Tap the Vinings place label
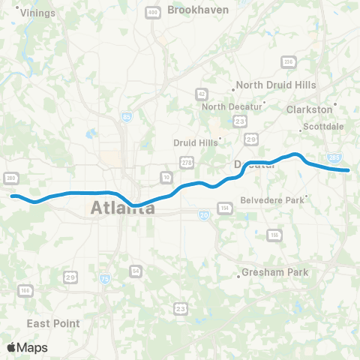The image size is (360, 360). (38, 13)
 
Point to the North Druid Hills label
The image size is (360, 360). (276, 85)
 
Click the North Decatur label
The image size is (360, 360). (232, 106)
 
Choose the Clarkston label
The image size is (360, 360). (309, 109)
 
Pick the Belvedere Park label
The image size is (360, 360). (272, 200)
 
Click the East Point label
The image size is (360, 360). (53, 323)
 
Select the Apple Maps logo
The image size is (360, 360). (27, 347)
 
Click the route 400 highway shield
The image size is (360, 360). (153, 13)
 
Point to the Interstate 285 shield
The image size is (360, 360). (334, 157)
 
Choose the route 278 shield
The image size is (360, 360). (185, 163)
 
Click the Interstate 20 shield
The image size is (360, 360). (204, 214)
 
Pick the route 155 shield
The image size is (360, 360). (276, 235)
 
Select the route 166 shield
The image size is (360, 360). (25, 291)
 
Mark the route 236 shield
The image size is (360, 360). (288, 62)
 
